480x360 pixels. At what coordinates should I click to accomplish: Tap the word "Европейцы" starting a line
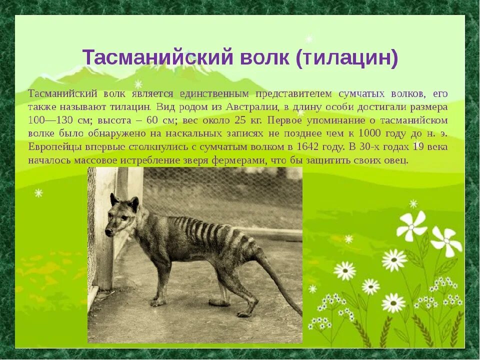52,147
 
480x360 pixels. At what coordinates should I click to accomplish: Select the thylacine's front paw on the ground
158,302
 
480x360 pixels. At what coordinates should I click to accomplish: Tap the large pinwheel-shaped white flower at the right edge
446,241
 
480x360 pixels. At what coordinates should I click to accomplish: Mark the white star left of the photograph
38,193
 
